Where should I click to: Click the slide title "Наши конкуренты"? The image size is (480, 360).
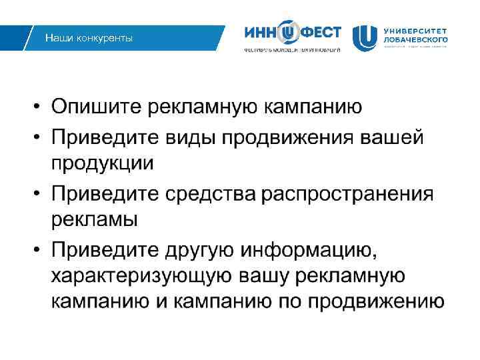point(89,38)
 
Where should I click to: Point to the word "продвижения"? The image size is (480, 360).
point(287,137)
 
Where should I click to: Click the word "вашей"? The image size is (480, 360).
point(393,137)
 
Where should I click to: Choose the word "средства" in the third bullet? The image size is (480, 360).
point(213,194)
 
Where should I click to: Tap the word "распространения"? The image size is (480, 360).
point(347,194)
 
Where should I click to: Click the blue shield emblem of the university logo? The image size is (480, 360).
point(364,38)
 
